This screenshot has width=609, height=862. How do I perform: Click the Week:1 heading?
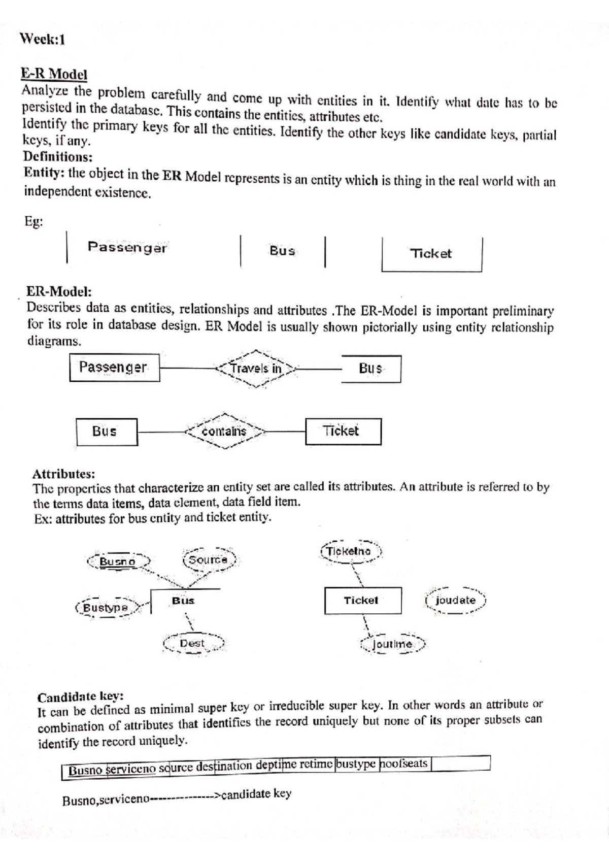(x=43, y=40)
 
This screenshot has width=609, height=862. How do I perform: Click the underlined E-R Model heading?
(x=54, y=74)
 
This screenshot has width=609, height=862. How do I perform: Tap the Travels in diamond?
(x=256, y=369)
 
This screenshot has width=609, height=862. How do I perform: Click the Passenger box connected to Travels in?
(x=114, y=368)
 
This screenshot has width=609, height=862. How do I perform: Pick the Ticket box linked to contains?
(x=343, y=432)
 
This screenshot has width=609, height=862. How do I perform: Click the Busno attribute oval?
(x=118, y=561)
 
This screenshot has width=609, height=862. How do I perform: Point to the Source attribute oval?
(x=208, y=560)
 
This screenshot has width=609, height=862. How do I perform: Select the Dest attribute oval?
(x=193, y=644)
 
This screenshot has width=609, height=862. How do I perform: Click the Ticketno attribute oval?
(x=350, y=551)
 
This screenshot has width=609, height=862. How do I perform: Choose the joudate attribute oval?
(x=456, y=600)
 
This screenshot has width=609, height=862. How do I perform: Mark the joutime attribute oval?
(x=392, y=644)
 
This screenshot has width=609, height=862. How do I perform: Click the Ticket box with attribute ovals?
(x=362, y=601)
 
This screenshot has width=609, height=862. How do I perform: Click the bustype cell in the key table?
(x=357, y=764)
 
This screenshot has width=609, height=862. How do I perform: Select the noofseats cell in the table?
(x=404, y=764)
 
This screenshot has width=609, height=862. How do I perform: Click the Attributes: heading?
(x=63, y=474)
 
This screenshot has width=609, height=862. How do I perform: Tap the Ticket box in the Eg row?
(x=431, y=254)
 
